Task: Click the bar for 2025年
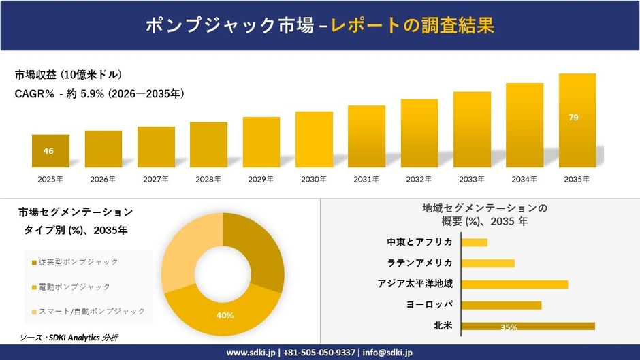pos(50,151)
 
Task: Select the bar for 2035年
pos(577,120)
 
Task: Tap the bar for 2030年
pos(314,140)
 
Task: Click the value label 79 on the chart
pos(573,118)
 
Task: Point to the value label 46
pos(48,151)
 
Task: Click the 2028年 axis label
pos(208,180)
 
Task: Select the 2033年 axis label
pos(472,180)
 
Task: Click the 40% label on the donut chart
pos(225,316)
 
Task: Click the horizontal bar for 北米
pos(528,326)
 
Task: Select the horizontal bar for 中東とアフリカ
pos(475,242)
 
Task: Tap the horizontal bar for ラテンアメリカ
pos(487,263)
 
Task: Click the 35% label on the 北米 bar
pos(508,327)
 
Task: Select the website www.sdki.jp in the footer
pos(250,353)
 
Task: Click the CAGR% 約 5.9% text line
pos(99,94)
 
